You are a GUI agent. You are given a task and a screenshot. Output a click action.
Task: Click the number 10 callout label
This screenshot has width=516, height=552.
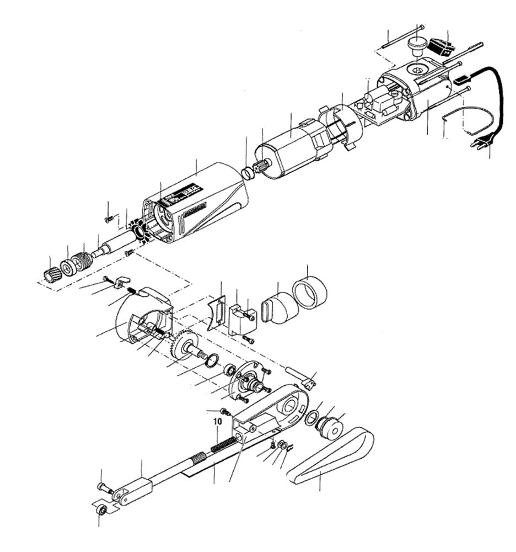click(x=218, y=421)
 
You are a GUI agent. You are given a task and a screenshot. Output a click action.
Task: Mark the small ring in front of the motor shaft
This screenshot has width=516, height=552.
click(x=249, y=172)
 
